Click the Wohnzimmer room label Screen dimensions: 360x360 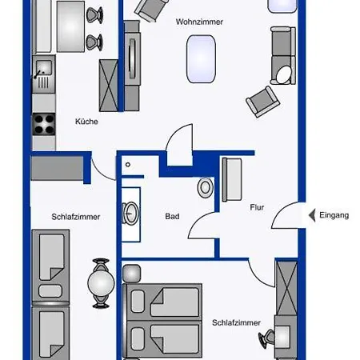click(x=199, y=22)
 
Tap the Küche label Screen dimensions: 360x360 click(x=86, y=122)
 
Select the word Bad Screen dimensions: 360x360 click(x=172, y=216)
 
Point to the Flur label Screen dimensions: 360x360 click(x=257, y=207)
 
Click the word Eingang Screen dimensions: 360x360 click(x=334, y=215)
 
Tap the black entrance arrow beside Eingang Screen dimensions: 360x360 click(x=312, y=215)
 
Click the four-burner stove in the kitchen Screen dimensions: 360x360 click(x=44, y=124)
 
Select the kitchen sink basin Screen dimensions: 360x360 click(x=44, y=67)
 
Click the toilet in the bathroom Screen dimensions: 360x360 click(x=206, y=188)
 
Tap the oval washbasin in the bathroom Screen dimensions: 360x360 click(x=130, y=214)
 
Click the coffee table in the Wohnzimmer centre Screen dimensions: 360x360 click(x=201, y=59)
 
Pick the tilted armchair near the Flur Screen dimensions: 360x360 click(x=262, y=102)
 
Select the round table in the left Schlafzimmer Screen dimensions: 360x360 click(x=101, y=282)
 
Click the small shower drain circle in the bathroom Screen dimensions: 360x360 click(x=128, y=165)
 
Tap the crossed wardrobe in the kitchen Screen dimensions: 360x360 click(x=109, y=86)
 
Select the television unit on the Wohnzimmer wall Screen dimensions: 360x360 click(x=132, y=59)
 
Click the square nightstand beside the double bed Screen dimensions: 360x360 click(x=131, y=274)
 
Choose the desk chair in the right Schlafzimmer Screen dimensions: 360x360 click(x=267, y=338)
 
